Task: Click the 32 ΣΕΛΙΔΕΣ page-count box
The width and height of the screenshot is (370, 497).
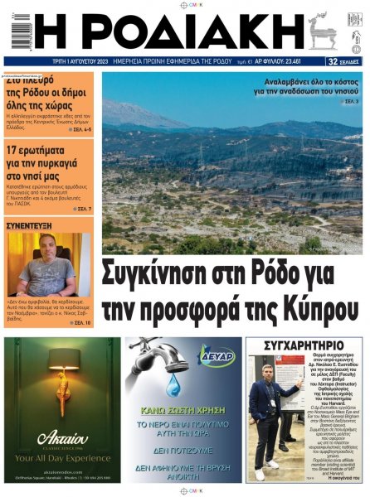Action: point(343,61)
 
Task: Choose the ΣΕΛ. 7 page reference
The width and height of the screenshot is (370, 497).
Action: point(82,209)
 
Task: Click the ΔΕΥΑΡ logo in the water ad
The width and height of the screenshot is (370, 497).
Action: point(217,356)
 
